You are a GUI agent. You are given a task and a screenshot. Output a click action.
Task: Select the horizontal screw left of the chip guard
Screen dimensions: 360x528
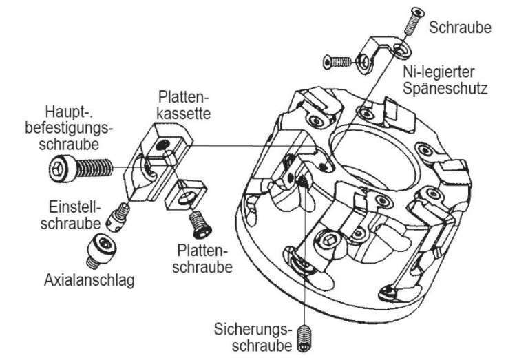(x=339, y=63)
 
